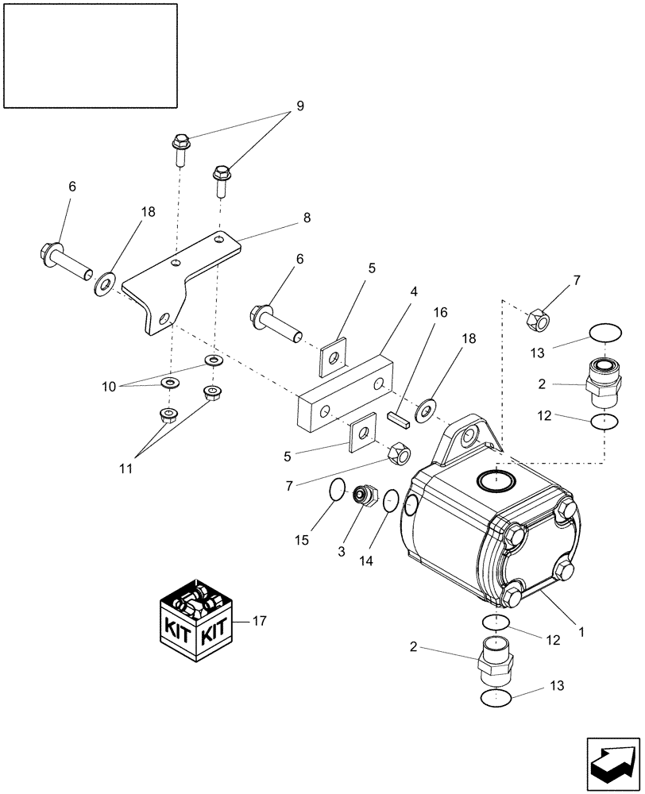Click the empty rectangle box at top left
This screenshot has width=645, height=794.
point(90,55)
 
